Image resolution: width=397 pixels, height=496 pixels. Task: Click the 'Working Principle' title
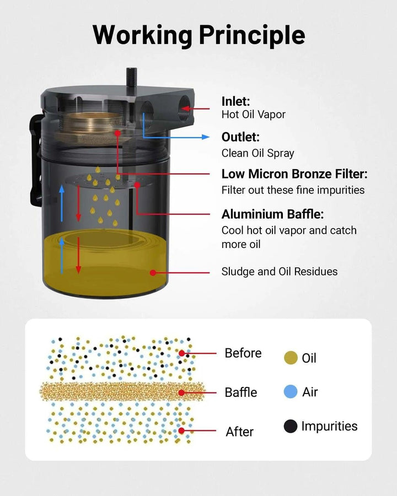pyautogui.click(x=199, y=35)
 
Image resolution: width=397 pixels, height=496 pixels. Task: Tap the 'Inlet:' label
pyautogui.click(x=235, y=101)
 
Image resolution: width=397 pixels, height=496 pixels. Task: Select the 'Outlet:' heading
pyautogui.click(x=240, y=137)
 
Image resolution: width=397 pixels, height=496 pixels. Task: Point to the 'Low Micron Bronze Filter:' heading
pyautogui.click(x=294, y=174)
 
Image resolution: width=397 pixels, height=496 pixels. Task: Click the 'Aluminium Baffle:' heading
pyautogui.click(x=272, y=214)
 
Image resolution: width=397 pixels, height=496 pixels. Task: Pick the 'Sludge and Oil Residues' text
pyautogui.click(x=280, y=271)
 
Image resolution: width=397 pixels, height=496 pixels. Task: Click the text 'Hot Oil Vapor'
pyautogui.click(x=253, y=114)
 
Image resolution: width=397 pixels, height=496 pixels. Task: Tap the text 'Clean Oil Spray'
pyautogui.click(x=257, y=153)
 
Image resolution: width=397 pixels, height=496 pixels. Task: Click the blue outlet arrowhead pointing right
pyautogui.click(x=206, y=137)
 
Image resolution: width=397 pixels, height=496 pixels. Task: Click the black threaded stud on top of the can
pyautogui.click(x=131, y=78)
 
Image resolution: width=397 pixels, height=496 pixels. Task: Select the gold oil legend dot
pyautogui.click(x=291, y=358)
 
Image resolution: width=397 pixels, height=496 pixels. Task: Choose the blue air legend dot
pyautogui.click(x=291, y=392)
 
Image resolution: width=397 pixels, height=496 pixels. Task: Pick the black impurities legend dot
pyautogui.click(x=291, y=426)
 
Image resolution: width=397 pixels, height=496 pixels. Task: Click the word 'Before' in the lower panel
pyautogui.click(x=243, y=353)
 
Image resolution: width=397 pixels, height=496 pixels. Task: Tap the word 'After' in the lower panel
pyautogui.click(x=240, y=432)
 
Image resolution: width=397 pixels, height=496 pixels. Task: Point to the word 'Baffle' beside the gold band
pyautogui.click(x=241, y=392)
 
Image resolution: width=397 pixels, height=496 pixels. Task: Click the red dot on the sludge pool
pyautogui.click(x=153, y=273)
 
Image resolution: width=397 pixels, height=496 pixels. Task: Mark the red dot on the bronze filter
pyautogui.click(x=117, y=133)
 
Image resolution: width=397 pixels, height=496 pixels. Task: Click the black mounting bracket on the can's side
pyautogui.click(x=36, y=160)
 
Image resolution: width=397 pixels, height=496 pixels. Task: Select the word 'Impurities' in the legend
pyautogui.click(x=329, y=427)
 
